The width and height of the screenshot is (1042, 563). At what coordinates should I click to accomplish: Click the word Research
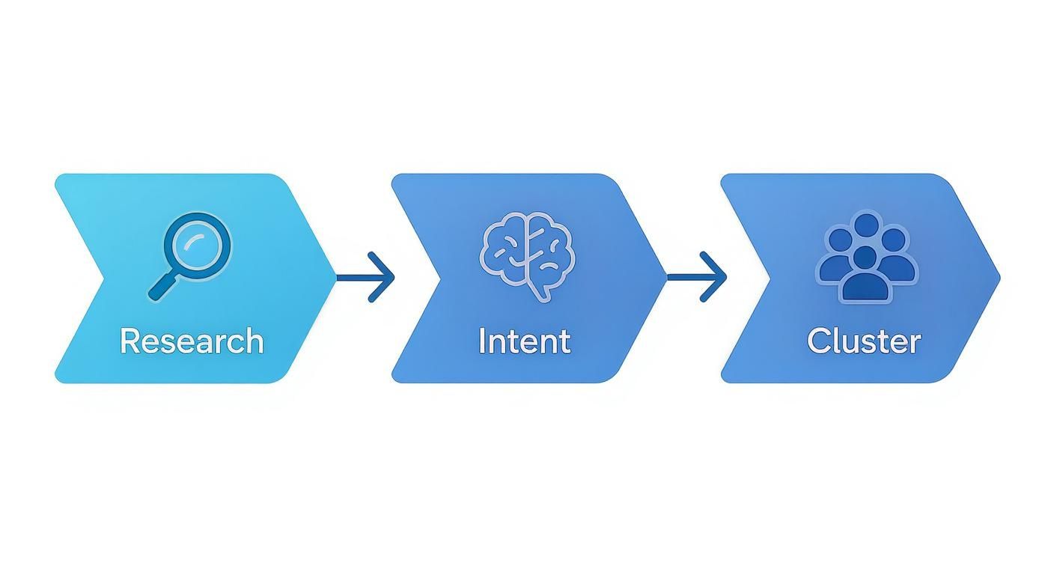(x=192, y=341)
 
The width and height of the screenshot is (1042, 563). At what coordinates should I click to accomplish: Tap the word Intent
(x=524, y=341)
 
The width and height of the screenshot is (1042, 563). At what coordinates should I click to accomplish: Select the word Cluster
(x=864, y=341)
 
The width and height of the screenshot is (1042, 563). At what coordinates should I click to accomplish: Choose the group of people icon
(x=866, y=257)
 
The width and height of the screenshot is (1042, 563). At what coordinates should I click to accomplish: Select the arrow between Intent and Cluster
(x=696, y=278)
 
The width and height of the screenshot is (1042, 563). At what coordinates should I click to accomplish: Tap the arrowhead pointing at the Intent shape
(x=386, y=278)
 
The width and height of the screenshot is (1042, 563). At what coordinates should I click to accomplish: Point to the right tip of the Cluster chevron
(x=999, y=278)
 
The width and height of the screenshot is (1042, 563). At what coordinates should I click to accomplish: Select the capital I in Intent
(x=483, y=341)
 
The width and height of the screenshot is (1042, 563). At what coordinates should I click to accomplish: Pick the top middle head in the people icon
(x=866, y=225)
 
